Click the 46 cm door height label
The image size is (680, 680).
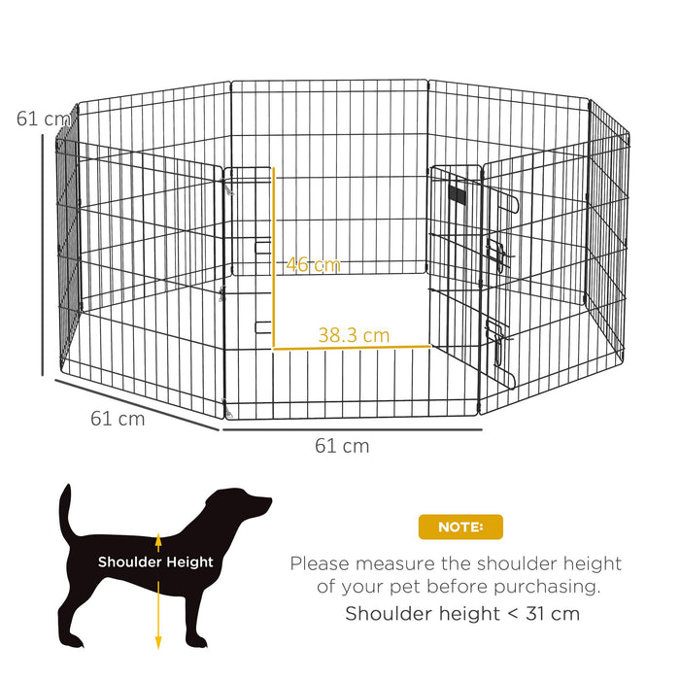pos(313,264)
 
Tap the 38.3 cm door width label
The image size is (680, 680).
pos(354,335)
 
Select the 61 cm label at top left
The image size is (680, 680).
pos(43,119)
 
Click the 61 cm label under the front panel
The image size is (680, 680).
pos(342,446)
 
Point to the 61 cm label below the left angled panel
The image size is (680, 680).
pos(118,419)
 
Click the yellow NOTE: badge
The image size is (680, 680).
pos(460,527)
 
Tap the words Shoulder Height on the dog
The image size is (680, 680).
pos(155,561)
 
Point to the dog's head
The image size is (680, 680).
pos(248,505)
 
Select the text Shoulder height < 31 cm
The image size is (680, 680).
pos(462,613)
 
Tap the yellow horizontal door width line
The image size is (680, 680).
pos(352,346)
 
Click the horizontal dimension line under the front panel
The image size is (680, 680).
pos(352,428)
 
